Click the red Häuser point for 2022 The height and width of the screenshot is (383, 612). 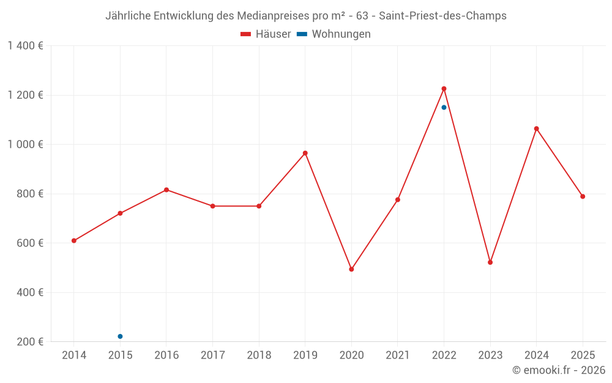(444, 89)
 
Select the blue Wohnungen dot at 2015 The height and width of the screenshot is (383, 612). (120, 336)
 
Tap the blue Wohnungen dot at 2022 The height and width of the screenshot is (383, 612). (444, 107)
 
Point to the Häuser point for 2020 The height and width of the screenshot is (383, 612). (351, 269)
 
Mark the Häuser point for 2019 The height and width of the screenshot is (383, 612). (305, 153)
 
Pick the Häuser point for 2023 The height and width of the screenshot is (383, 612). (490, 262)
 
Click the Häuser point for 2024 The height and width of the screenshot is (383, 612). (536, 129)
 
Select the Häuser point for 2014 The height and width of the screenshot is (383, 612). (74, 241)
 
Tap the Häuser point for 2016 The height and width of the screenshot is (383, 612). (166, 190)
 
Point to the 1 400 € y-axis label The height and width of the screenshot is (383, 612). (26, 46)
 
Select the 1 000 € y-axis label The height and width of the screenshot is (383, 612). (26, 145)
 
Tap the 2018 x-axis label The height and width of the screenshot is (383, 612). (259, 355)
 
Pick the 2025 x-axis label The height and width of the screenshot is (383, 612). (583, 355)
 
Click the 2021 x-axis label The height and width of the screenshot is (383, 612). (398, 355)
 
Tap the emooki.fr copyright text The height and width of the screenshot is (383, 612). (559, 370)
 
